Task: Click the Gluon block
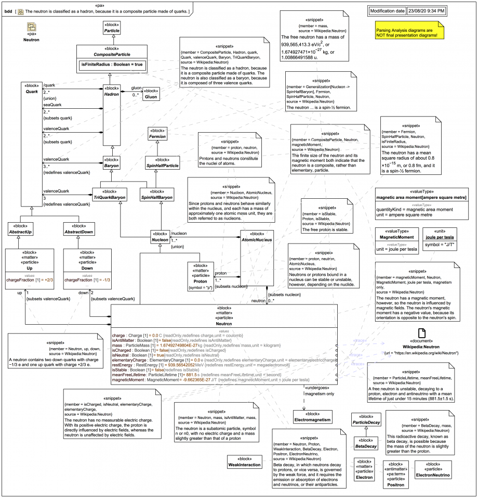[x=151, y=94]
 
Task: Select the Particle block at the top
[x=112, y=28]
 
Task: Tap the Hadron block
[x=112, y=92]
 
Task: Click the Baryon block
[x=112, y=162]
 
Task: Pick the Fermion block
[x=157, y=134]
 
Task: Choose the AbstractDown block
[x=79, y=228]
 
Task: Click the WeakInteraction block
[x=244, y=462]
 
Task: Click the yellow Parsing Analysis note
[x=407, y=32]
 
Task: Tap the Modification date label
[x=387, y=10]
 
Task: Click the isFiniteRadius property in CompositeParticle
[x=112, y=64]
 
